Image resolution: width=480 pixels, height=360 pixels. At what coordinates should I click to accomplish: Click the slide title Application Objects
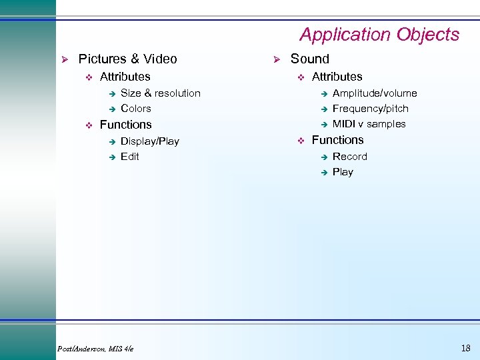coord(379,35)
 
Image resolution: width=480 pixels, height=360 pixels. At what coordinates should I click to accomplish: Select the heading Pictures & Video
coord(127,59)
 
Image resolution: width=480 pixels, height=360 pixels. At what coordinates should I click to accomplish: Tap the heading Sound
coord(309,59)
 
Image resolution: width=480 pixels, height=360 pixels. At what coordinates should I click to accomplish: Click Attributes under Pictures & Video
coord(125,77)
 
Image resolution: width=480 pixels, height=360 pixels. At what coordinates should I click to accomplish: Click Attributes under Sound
coord(337,77)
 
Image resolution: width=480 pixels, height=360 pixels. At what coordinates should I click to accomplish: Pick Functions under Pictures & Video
coord(125,125)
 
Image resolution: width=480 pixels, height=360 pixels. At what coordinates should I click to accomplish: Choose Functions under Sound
coord(337,140)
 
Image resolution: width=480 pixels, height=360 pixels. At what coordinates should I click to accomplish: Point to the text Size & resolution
coord(160,93)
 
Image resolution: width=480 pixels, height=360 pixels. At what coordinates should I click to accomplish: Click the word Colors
coord(135,109)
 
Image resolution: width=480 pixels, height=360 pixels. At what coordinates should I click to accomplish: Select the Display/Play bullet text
coord(149,141)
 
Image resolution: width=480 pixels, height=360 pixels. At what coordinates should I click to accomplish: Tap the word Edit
coord(129,157)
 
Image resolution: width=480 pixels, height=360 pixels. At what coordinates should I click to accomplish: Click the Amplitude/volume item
coord(374,93)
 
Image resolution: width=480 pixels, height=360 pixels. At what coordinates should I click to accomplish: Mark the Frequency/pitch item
coord(370,109)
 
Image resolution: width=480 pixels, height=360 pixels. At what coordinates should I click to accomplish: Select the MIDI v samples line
coord(369,124)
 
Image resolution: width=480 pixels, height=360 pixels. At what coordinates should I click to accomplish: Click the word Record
coord(349,157)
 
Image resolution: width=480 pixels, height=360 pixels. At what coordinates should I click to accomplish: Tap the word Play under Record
coord(343,172)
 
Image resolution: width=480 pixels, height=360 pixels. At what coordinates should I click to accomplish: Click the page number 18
coord(465,348)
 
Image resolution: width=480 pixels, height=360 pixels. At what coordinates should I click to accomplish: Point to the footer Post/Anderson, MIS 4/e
coord(96,349)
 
